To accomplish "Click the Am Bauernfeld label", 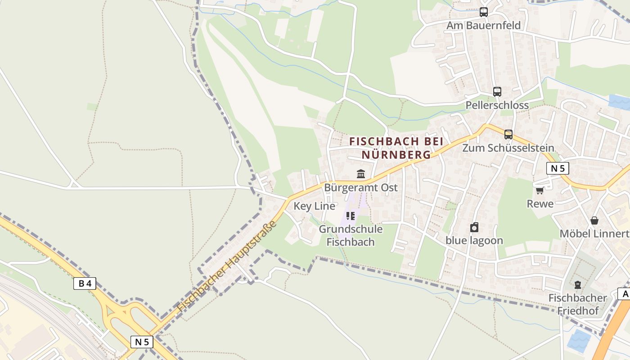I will tap(483, 25).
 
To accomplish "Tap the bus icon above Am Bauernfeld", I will tap(484, 12).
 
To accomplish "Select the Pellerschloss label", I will tap(497, 105).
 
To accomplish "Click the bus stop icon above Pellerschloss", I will tap(497, 92).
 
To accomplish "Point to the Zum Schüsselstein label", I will tap(508, 148).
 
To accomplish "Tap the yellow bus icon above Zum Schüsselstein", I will tap(508, 134).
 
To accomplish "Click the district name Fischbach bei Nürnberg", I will tap(396, 148).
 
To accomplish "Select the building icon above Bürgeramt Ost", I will tap(361, 174).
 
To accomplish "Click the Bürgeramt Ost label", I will tap(361, 187).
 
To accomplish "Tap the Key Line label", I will tap(314, 206).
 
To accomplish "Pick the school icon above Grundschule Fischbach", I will tap(351, 216).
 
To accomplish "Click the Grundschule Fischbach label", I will tap(351, 235).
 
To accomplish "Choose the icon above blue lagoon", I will tap(474, 227).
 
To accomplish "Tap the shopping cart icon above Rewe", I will tap(540, 190).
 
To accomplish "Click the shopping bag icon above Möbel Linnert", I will tap(594, 220).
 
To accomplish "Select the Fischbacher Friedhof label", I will tap(578, 304).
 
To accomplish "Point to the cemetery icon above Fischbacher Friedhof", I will tap(578, 285).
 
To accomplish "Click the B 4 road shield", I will tap(85, 283).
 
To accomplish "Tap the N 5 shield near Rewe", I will tap(558, 168).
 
